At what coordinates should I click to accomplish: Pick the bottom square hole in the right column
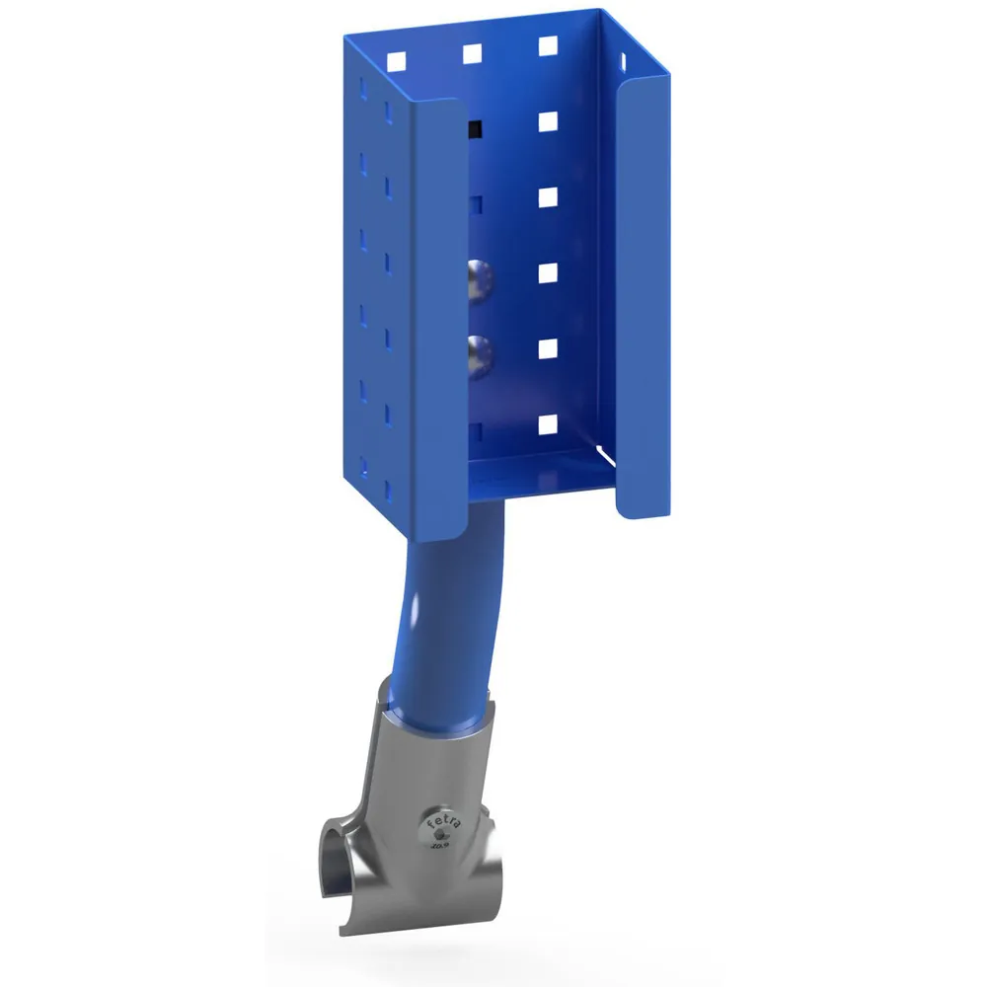pyautogui.click(x=546, y=425)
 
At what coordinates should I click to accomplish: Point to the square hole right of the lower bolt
pyautogui.click(x=547, y=349)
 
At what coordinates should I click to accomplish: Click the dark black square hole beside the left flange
pyautogui.click(x=475, y=129)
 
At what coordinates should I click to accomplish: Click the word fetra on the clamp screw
pyautogui.click(x=440, y=819)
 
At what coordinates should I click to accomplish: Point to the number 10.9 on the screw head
pyautogui.click(x=440, y=845)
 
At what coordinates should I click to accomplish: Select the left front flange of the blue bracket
pyautogui.click(x=441, y=316)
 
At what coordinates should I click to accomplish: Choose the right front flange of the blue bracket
pyautogui.click(x=643, y=306)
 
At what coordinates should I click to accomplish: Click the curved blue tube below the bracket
pyautogui.click(x=444, y=612)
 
